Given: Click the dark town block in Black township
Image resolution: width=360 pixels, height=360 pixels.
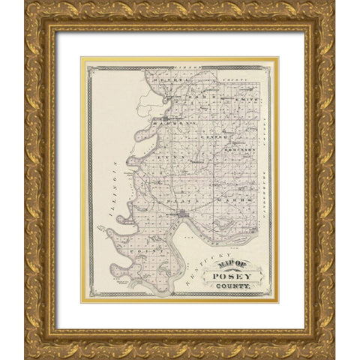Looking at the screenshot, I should (182, 216).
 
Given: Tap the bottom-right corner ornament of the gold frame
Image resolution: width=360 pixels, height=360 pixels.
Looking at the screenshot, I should (323, 346).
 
